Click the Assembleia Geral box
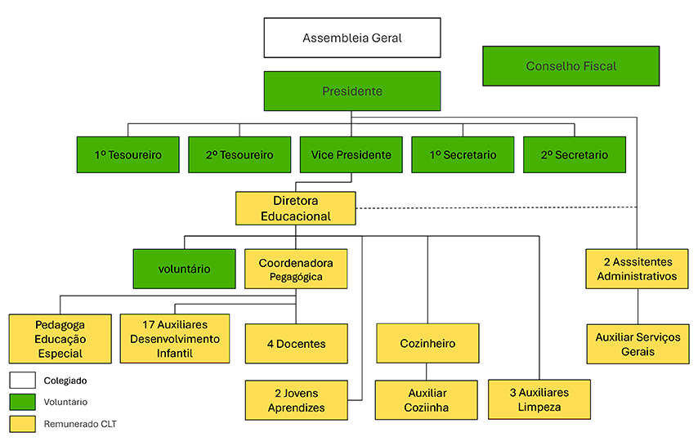pos(352,38)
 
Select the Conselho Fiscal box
pos(570,66)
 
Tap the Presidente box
pos(352,91)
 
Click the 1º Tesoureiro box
pos(128,154)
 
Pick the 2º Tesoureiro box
pos(239,154)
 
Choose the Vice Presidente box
pos(351,154)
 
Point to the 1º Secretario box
pos(463,154)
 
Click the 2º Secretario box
pos(575,154)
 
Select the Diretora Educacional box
pos(296,208)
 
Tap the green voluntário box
pos(184,269)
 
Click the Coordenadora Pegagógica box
pos(296,269)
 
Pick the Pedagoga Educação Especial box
pos(60,339)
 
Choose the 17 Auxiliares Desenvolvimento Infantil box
pos(175,338)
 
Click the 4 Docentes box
pos(296,344)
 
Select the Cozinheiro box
pos(427,343)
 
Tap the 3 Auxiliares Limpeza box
pos(539,399)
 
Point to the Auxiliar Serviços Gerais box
pos(638,344)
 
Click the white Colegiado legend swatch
pos(23,381)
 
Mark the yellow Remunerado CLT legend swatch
pos(23,423)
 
